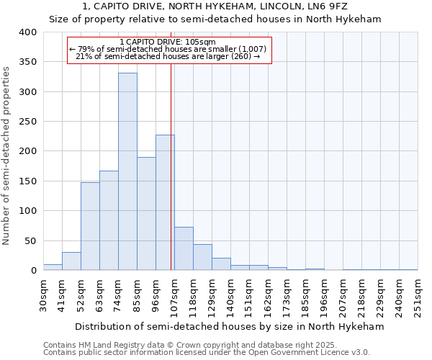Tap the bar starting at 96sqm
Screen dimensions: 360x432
(165, 202)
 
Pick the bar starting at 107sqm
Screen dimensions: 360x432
(184, 248)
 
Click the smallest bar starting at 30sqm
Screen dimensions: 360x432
(53, 267)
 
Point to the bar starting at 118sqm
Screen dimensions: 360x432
(202, 257)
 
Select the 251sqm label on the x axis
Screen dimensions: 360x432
(418, 294)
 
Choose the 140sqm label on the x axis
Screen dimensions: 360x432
(231, 294)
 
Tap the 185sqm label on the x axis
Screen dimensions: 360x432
(306, 294)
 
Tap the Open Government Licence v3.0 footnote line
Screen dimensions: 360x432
(206, 353)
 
